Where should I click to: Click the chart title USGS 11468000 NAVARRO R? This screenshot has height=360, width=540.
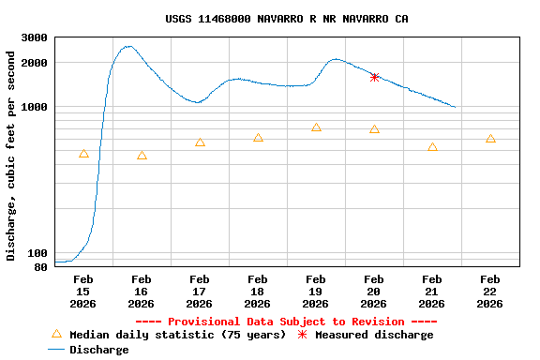(286, 19)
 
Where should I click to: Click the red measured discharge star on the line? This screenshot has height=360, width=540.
(374, 78)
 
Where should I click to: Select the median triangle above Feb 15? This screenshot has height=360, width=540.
(83, 154)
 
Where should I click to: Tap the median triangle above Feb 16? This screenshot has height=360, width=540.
(142, 156)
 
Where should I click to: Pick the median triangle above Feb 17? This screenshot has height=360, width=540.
(200, 142)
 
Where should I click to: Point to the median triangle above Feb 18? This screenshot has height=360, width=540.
(258, 138)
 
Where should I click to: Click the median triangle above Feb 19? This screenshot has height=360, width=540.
(316, 127)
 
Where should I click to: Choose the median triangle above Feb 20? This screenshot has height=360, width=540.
(374, 129)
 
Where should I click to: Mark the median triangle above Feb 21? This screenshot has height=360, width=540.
(432, 147)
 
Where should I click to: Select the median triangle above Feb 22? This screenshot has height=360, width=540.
(490, 139)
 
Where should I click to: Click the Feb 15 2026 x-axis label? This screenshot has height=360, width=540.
(83, 291)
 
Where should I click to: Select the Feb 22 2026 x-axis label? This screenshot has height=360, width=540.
(490, 291)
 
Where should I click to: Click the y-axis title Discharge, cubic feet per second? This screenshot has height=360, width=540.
(11, 156)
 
